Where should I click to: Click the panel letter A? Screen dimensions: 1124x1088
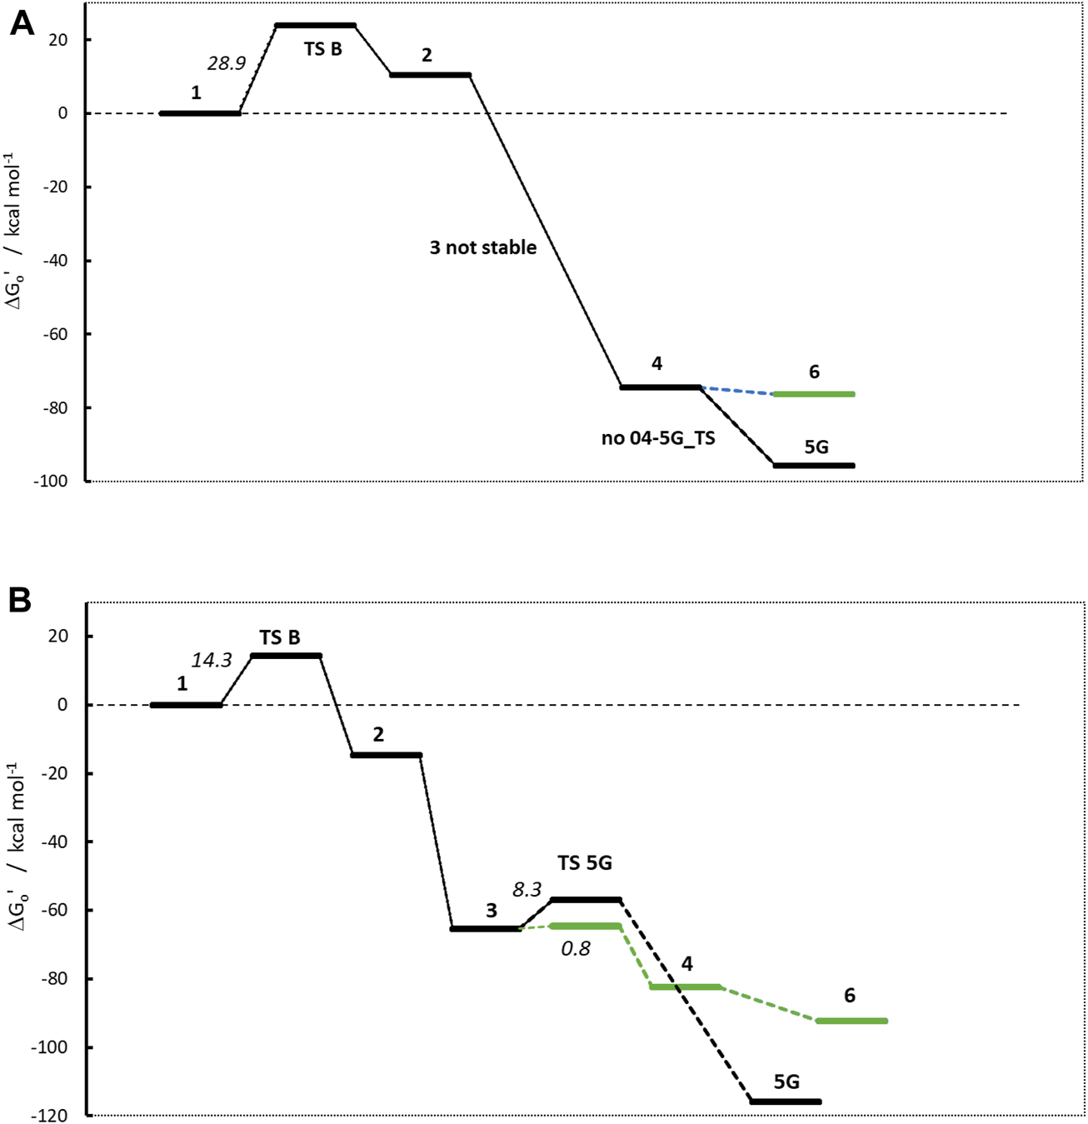pos(22,24)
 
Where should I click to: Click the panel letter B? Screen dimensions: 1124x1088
pos(20,600)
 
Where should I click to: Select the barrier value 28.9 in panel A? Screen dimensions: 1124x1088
pos(226,63)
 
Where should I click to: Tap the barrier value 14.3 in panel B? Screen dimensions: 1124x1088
pos(212,660)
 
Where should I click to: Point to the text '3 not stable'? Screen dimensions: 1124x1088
pos(483,247)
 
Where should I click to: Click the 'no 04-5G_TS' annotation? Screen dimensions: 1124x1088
pos(658,438)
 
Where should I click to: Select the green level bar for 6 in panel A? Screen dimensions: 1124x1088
pos(814,394)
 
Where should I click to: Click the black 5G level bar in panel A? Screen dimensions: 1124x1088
pos(814,466)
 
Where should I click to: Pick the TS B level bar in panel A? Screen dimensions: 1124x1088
pos(315,26)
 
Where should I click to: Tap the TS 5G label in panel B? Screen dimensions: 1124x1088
pos(585,863)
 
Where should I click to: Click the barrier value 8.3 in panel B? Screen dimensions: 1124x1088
pos(527,890)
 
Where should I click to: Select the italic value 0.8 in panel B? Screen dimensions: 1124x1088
pos(576,948)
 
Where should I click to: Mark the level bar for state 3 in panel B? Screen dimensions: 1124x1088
pos(486,928)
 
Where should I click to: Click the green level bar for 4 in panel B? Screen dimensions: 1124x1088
pos(686,987)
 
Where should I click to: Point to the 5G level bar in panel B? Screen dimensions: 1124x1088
pos(786,1102)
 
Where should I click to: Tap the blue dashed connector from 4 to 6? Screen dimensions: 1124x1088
pos(736,391)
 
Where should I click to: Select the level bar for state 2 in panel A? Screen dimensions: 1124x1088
pos(431,75)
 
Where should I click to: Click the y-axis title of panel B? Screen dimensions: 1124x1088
pos(17,859)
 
